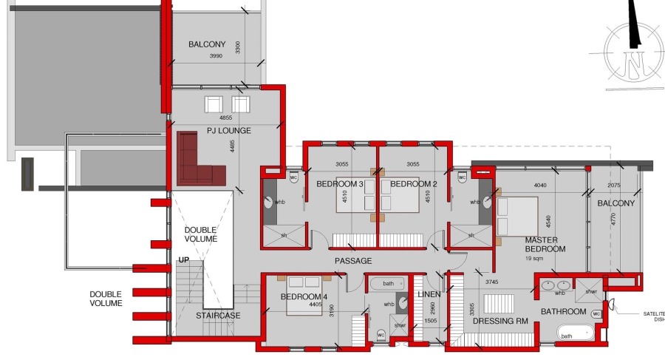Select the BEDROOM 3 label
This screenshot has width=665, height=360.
pos(340,183)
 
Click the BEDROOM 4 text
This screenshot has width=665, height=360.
pos(304,296)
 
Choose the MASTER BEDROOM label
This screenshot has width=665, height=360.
pos(545,245)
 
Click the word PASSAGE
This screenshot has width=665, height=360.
pos(353,261)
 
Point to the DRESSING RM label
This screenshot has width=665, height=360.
pos(499,321)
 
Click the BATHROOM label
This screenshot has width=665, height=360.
pos(563,312)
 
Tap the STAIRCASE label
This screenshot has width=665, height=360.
pos(217,316)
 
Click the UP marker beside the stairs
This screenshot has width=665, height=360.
pos(184,260)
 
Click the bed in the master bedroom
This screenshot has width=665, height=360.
pos(517,215)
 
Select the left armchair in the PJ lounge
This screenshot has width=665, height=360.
pos(214,104)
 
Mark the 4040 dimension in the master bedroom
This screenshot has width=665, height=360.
pos(540,186)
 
